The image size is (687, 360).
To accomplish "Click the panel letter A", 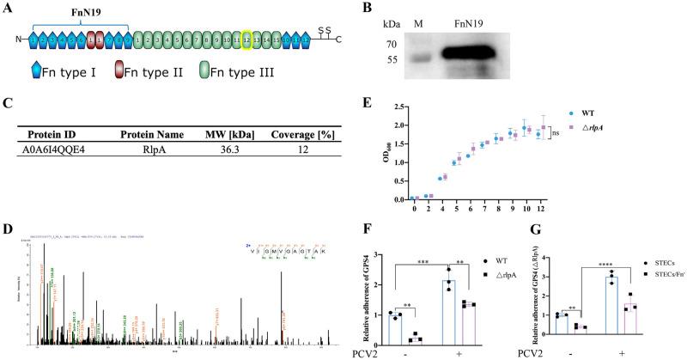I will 7,7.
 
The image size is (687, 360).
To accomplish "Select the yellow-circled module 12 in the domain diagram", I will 246,40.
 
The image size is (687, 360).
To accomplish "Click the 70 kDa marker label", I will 392,42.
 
